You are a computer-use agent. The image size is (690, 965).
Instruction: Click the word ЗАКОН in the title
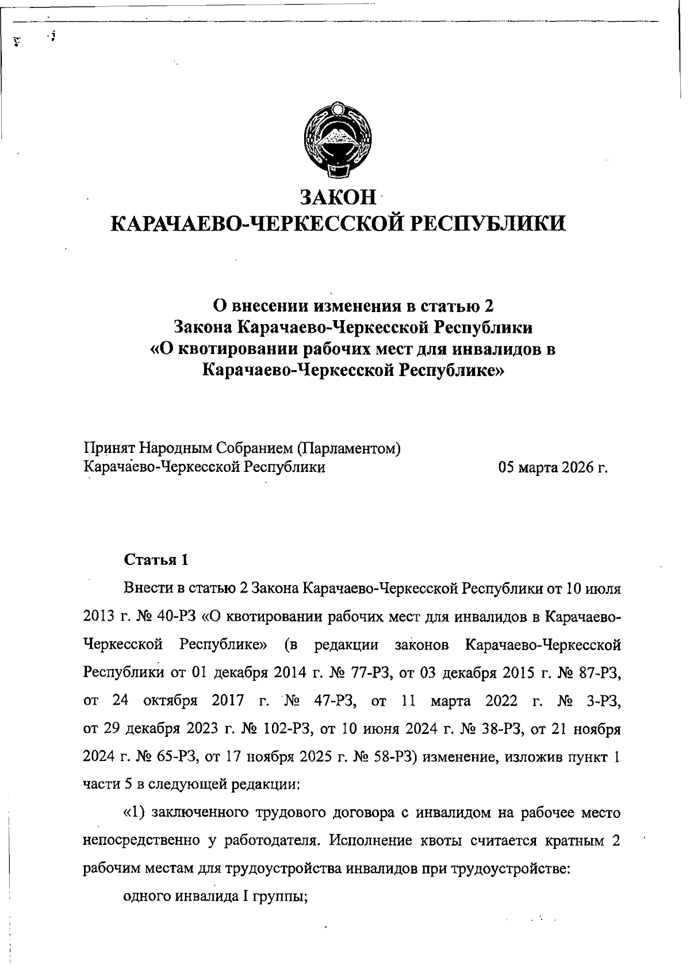(x=339, y=197)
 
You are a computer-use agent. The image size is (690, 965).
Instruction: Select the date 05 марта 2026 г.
(x=553, y=467)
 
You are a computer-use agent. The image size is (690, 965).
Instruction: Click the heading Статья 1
(x=156, y=559)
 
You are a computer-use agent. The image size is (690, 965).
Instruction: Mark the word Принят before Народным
(x=108, y=448)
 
